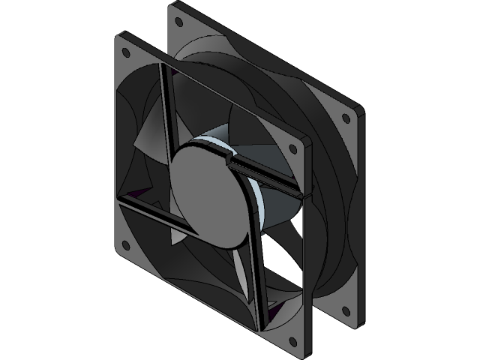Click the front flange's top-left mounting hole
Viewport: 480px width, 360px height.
[x=124, y=52]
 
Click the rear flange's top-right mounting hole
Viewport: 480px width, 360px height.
[x=346, y=118]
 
